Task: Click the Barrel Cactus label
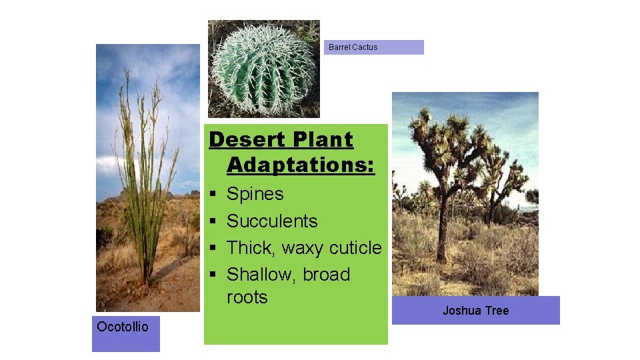coord(353,47)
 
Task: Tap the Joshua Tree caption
coord(475,311)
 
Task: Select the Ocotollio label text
coord(123,326)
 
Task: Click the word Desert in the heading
coord(241,140)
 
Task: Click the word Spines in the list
coord(255,194)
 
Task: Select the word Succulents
coord(272,221)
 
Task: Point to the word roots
coord(247,297)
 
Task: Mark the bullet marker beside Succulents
coord(213,221)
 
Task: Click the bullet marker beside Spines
coord(213,195)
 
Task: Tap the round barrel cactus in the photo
coord(264,72)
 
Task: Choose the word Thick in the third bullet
coord(251,248)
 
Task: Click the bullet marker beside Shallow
coord(213,275)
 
